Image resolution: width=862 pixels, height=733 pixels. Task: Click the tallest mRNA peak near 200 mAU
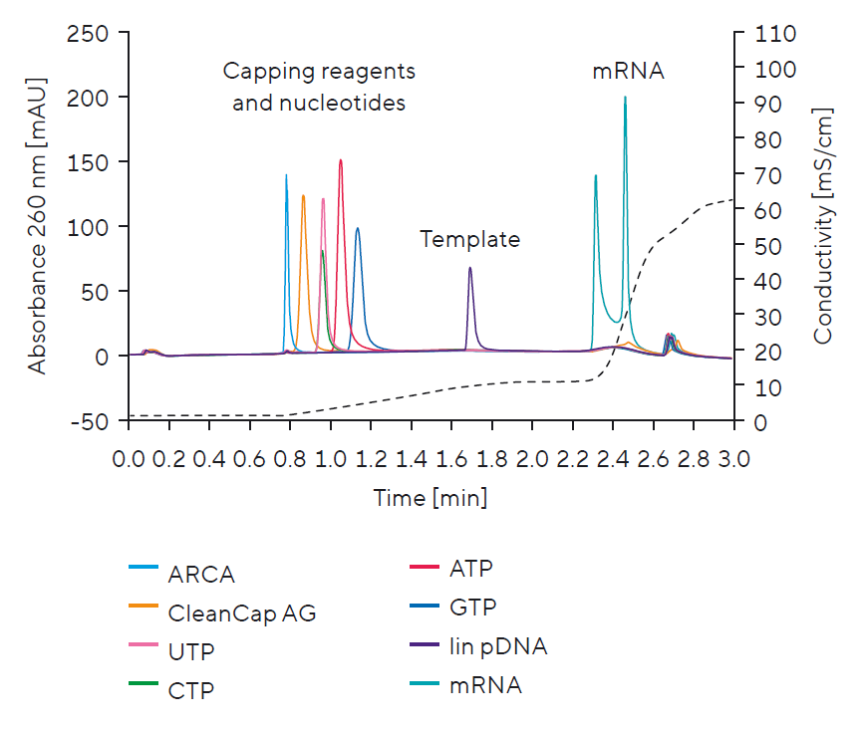pos(625,99)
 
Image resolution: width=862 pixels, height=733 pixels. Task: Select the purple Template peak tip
pos(470,268)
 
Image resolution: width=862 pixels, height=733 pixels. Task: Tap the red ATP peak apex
pos(341,160)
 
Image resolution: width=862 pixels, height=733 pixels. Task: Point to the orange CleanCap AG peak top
pos(303,196)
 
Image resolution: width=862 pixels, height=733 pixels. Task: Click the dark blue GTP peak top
pos(357,229)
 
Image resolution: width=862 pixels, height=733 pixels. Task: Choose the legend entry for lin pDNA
pos(496,646)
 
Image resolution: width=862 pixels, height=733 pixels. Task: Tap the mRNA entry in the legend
pos(484,685)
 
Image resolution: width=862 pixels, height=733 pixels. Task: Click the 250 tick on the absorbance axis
pos(95,33)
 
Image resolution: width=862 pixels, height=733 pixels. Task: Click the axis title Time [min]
pos(431,497)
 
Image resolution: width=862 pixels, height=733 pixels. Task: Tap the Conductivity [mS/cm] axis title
pos(822,227)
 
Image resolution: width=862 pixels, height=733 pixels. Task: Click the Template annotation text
pos(469,239)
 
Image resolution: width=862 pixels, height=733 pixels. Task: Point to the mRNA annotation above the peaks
pos(628,72)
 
